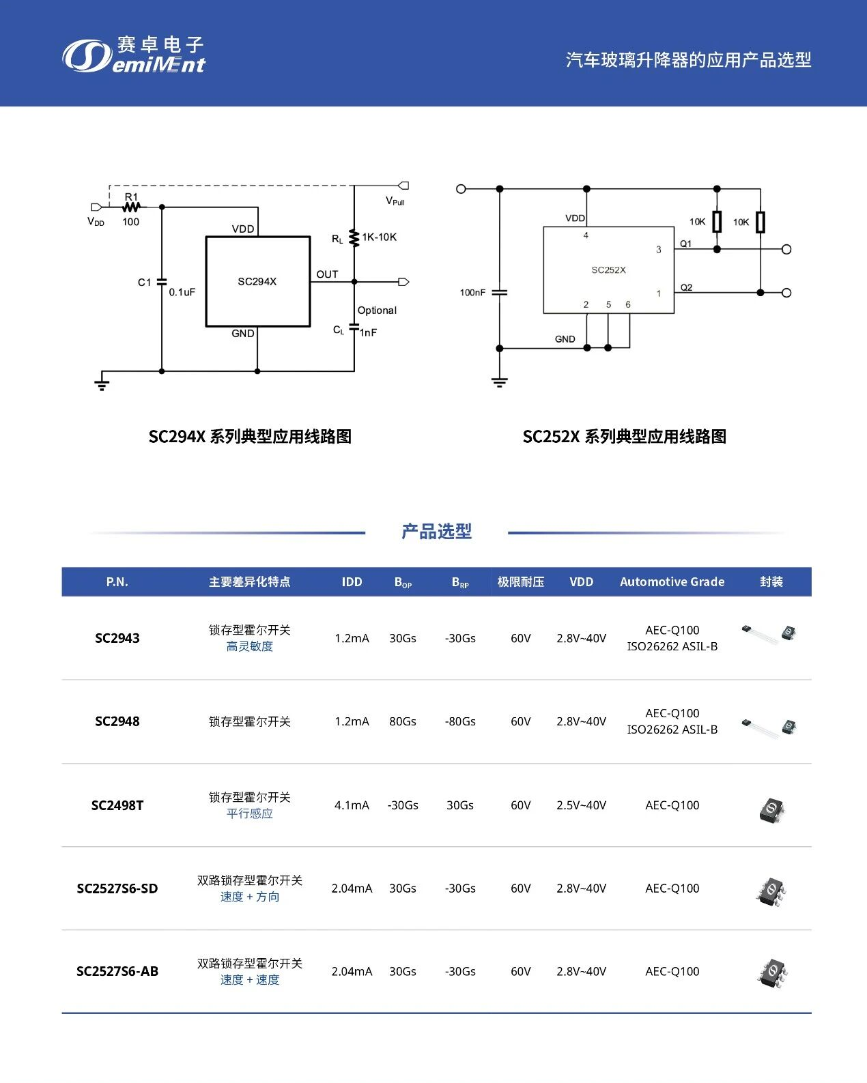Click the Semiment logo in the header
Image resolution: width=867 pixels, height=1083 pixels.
[x=134, y=55]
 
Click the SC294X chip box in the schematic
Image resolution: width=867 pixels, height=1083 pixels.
[x=258, y=282]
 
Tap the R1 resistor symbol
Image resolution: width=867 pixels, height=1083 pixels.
[x=131, y=207]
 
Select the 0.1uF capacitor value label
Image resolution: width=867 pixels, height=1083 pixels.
[x=182, y=292]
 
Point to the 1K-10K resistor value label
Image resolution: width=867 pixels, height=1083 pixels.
[x=380, y=237]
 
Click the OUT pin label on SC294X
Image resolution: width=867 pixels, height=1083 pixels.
[x=327, y=274]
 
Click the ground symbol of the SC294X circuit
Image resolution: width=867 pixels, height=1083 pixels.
[x=102, y=382]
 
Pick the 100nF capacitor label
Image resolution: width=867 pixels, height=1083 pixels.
[x=472, y=293]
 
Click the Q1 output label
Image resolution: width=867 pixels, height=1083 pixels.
[x=686, y=244]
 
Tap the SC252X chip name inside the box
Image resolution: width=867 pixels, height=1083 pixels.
[x=608, y=270]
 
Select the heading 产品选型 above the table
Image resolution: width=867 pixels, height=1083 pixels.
[x=436, y=532]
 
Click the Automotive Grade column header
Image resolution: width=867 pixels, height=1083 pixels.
[x=672, y=582]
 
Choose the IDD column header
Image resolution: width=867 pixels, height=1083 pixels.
[x=352, y=582]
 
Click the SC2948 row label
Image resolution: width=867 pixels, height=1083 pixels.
[x=117, y=721]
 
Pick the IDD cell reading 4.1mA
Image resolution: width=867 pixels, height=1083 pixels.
[x=352, y=805]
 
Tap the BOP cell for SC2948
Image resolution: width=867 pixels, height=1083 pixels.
[x=403, y=721]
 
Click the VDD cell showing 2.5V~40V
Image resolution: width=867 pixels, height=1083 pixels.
[x=581, y=805]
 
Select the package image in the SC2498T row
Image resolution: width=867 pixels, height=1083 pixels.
[x=772, y=809]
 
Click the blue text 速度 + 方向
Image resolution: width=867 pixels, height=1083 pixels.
[x=250, y=897]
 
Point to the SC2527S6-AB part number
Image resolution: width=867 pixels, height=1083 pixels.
[x=117, y=972]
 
